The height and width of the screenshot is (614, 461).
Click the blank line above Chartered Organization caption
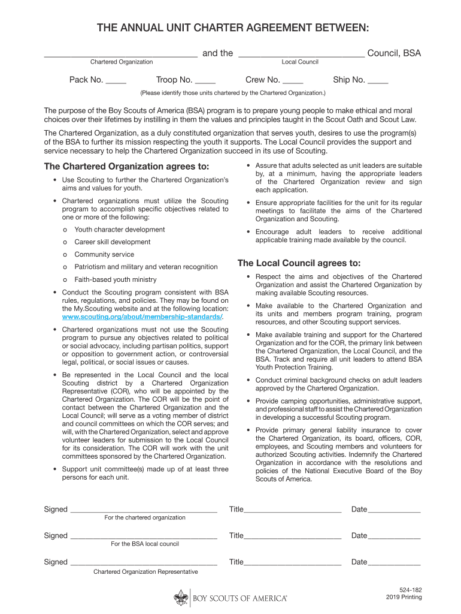point(121,56)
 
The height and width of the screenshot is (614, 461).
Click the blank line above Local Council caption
point(301,56)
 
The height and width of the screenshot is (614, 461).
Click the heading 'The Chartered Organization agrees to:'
point(127,166)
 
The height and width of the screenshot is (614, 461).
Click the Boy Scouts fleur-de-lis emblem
point(181,597)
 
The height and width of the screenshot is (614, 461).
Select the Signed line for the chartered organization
point(143,511)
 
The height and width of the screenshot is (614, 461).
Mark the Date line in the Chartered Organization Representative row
point(394,564)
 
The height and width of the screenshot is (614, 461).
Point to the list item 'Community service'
point(104,254)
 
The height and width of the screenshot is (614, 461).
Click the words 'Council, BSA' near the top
point(394,53)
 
